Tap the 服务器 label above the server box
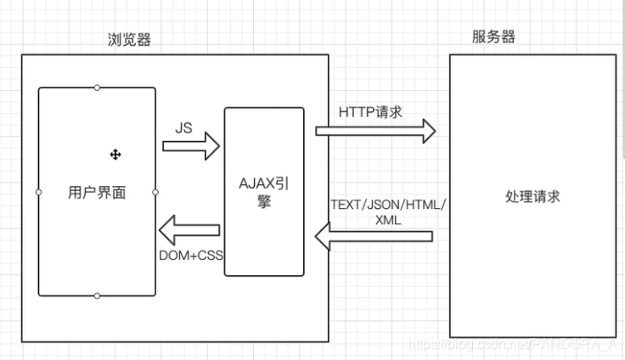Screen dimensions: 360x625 (x=493, y=37)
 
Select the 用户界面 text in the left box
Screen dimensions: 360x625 (x=97, y=193)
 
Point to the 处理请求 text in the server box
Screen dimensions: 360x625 (x=533, y=196)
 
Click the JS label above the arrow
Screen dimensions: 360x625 (x=183, y=128)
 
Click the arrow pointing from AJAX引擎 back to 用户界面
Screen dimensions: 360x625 (x=189, y=229)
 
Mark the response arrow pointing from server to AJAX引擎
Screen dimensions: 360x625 (x=374, y=236)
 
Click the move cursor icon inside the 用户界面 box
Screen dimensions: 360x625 (x=115, y=154)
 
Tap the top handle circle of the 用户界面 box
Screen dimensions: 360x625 (x=97, y=87)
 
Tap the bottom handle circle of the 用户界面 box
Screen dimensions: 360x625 (x=97, y=296)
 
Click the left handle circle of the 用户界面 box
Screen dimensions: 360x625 (x=38, y=192)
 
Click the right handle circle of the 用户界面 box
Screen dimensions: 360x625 (x=155, y=192)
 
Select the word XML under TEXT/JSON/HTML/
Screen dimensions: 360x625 (x=386, y=219)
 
